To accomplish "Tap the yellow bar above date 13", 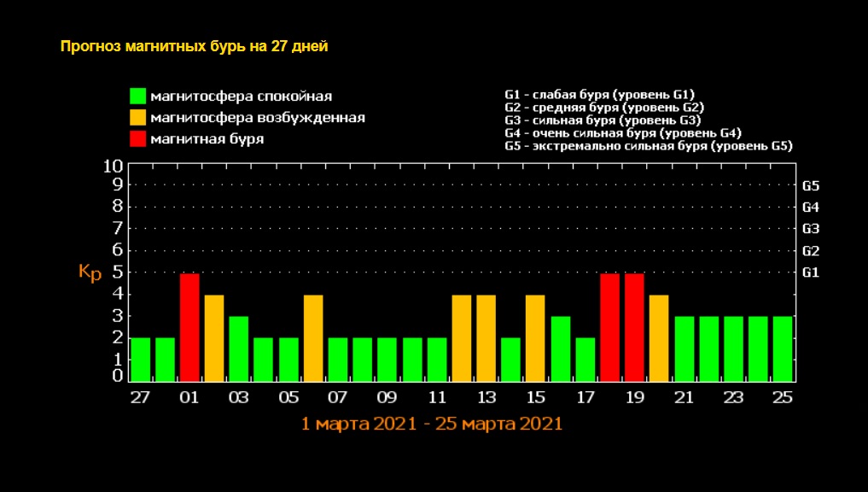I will coord(486,337).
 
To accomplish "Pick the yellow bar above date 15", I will coord(535,337).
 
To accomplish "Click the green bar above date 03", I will coord(239,348).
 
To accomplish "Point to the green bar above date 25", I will coord(783,348).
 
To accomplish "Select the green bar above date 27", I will coord(140,359).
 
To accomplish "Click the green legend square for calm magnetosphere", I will coord(137,96).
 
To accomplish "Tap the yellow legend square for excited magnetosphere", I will coord(137,117).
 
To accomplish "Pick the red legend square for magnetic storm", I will coord(137,138).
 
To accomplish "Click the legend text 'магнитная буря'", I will coord(207,138).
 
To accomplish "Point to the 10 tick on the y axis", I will coord(114,165).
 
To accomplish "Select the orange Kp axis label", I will coord(90,272).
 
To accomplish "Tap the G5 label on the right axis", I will coord(811,185).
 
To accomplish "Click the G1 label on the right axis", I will coord(811,272).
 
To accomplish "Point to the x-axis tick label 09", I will coord(387,397).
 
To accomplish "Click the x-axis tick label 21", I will coord(684,397).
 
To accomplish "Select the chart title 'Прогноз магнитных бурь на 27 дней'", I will coord(194,46).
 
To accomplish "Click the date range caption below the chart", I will coord(432,424).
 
